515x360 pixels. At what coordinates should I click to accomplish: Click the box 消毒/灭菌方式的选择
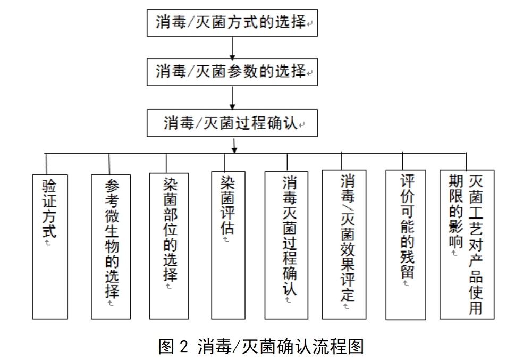tap(232, 22)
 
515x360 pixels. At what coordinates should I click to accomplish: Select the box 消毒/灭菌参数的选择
tap(232, 72)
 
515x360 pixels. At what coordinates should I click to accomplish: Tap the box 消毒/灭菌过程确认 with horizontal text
tap(232, 123)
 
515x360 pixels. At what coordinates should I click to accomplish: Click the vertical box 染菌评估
tap(228, 245)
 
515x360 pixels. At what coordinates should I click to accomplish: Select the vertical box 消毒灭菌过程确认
tap(286, 245)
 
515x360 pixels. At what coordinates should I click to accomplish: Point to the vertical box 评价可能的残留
tap(406, 245)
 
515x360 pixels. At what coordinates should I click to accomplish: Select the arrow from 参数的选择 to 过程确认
tap(232, 98)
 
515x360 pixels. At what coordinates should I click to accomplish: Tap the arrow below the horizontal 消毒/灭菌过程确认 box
tap(234, 144)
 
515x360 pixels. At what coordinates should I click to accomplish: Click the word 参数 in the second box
tap(242, 71)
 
